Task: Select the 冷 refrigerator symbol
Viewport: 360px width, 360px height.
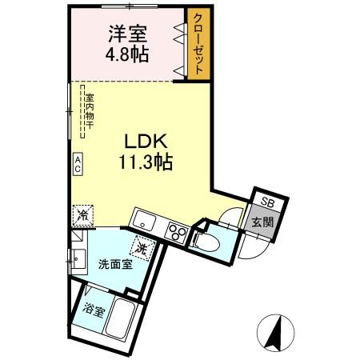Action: pos(82,214)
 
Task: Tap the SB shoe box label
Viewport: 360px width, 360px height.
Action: pos(264,203)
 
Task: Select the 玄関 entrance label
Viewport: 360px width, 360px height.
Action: pos(262,222)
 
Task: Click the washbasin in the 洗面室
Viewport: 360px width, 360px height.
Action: pos(77,258)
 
